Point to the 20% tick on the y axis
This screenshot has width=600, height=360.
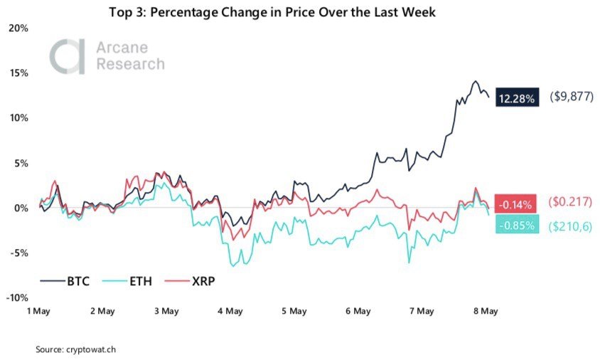pos(18,28)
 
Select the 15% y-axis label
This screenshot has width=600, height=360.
pos(18,73)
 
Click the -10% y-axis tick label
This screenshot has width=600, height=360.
pos(17,297)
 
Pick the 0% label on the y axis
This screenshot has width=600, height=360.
pos(21,208)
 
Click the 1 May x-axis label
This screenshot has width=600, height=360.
pos(39,311)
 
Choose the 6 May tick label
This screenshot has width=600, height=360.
pos(358,311)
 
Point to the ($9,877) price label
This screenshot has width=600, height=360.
pos(571,97)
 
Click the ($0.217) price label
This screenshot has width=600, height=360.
pos(571,202)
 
